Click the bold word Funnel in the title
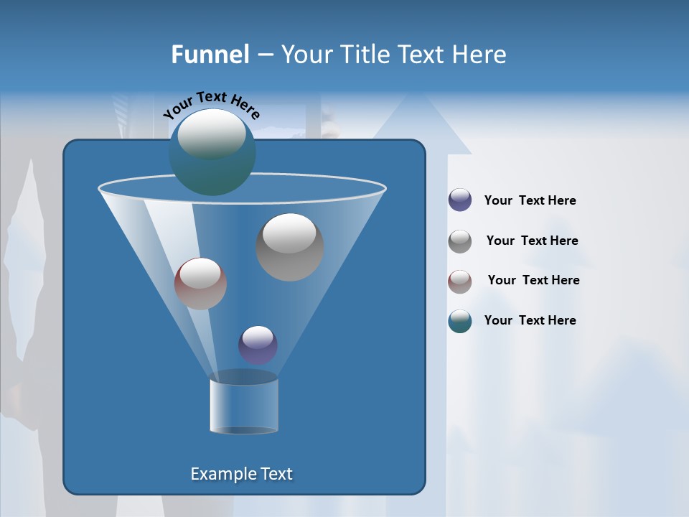210,55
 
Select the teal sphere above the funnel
212,152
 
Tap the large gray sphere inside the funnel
290,247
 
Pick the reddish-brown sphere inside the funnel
200,284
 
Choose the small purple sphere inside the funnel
258,345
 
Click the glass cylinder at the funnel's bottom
244,405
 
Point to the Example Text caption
241,474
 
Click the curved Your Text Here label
211,103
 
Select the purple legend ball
460,200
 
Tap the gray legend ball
460,241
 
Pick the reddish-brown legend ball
460,281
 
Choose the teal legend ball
460,321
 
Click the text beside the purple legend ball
530,201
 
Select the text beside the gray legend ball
532,241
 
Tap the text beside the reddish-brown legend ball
533,280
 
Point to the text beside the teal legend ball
530,320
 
